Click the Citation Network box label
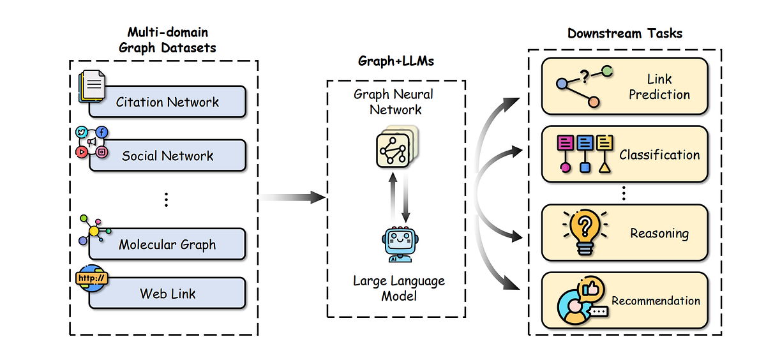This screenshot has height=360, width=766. point(167,102)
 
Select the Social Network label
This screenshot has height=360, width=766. point(167,156)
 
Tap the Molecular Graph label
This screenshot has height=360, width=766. point(167,244)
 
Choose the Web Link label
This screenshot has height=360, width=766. point(167,294)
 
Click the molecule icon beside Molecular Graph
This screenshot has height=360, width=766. point(94,230)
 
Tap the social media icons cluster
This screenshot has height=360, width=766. point(91,142)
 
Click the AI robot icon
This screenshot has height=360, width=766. point(396,243)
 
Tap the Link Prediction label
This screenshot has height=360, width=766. point(659,87)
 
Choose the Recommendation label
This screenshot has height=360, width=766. point(656,301)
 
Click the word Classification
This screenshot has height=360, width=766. point(659,154)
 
